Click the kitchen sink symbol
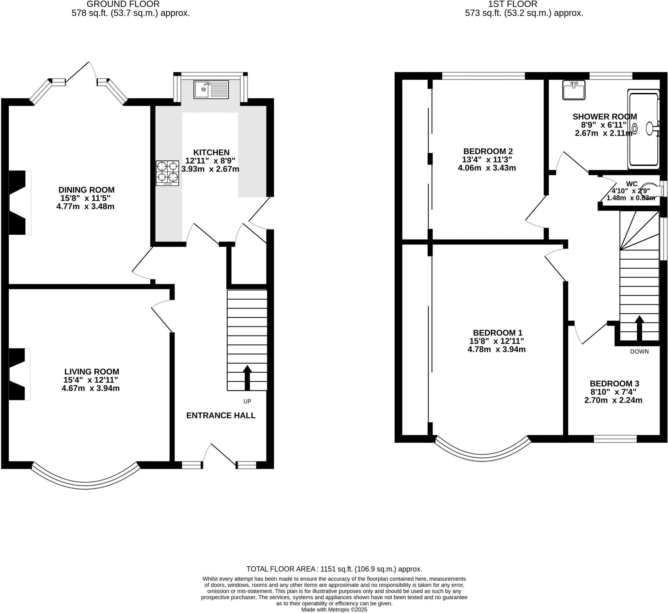[x=211, y=89]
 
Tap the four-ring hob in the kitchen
[x=167, y=173]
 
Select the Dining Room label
[x=86, y=190]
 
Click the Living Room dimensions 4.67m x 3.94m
[x=90, y=388]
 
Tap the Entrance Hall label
[x=221, y=415]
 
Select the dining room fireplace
[x=18, y=202]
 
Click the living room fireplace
[x=18, y=374]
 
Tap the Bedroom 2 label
[x=488, y=151]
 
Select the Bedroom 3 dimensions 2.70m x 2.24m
[x=613, y=400]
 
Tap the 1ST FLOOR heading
[x=524, y=4]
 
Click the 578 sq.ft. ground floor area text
[x=130, y=13]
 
